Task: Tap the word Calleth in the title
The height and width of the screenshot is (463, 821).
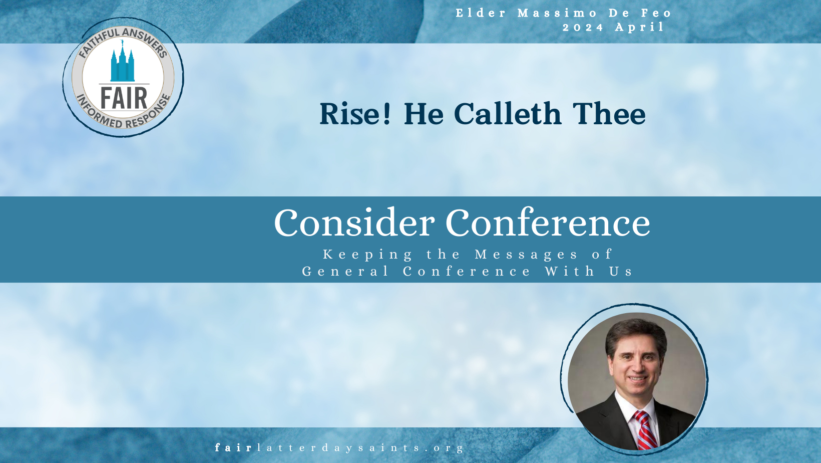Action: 508,114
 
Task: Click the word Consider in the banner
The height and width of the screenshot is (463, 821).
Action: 354,222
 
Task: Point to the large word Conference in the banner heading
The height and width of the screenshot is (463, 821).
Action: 548,222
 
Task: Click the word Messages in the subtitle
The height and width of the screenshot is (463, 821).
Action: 526,255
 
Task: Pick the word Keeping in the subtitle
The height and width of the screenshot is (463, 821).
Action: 367,255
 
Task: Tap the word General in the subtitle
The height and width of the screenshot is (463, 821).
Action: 345,272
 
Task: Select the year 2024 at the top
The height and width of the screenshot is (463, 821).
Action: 583,28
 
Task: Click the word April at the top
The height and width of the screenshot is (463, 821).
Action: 639,28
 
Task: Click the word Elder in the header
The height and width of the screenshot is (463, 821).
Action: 481,13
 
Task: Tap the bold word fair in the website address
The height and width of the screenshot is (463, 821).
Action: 233,447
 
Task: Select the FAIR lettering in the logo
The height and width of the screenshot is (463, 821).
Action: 124,98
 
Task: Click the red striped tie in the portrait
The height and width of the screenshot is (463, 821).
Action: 645,430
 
